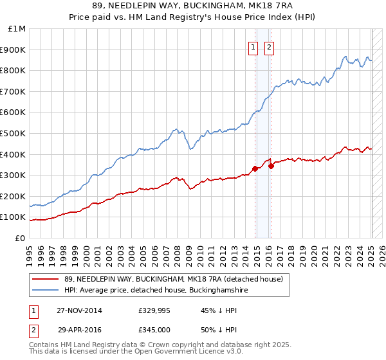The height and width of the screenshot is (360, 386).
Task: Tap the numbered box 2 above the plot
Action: pos(269,47)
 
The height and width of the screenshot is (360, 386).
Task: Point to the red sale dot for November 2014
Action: pos(255,168)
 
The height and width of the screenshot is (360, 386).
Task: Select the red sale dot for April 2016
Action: pos(271,165)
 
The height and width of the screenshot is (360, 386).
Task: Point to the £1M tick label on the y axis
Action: pos(17,28)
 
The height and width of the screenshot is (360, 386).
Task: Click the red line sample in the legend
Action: pos(45,279)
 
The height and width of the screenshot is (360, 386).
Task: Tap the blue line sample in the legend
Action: pos(45,291)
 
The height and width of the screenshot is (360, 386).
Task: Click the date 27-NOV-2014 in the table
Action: pos(78,310)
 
